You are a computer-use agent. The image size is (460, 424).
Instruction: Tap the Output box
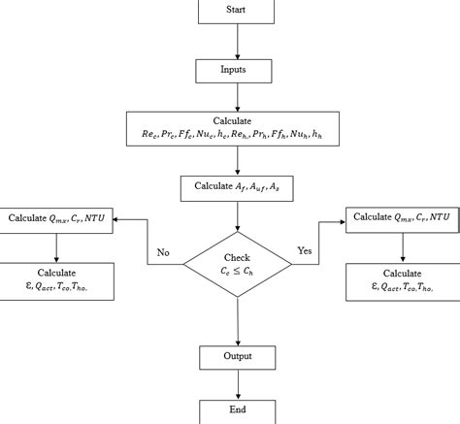[x=237, y=356]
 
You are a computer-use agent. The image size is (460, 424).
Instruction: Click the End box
[x=237, y=410]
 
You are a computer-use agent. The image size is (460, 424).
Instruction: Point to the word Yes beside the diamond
[x=303, y=252]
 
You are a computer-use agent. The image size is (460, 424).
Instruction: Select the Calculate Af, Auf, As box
[x=237, y=186]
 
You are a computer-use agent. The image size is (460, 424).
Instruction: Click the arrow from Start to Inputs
[x=237, y=42]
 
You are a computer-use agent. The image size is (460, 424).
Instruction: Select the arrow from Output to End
[x=237, y=383]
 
